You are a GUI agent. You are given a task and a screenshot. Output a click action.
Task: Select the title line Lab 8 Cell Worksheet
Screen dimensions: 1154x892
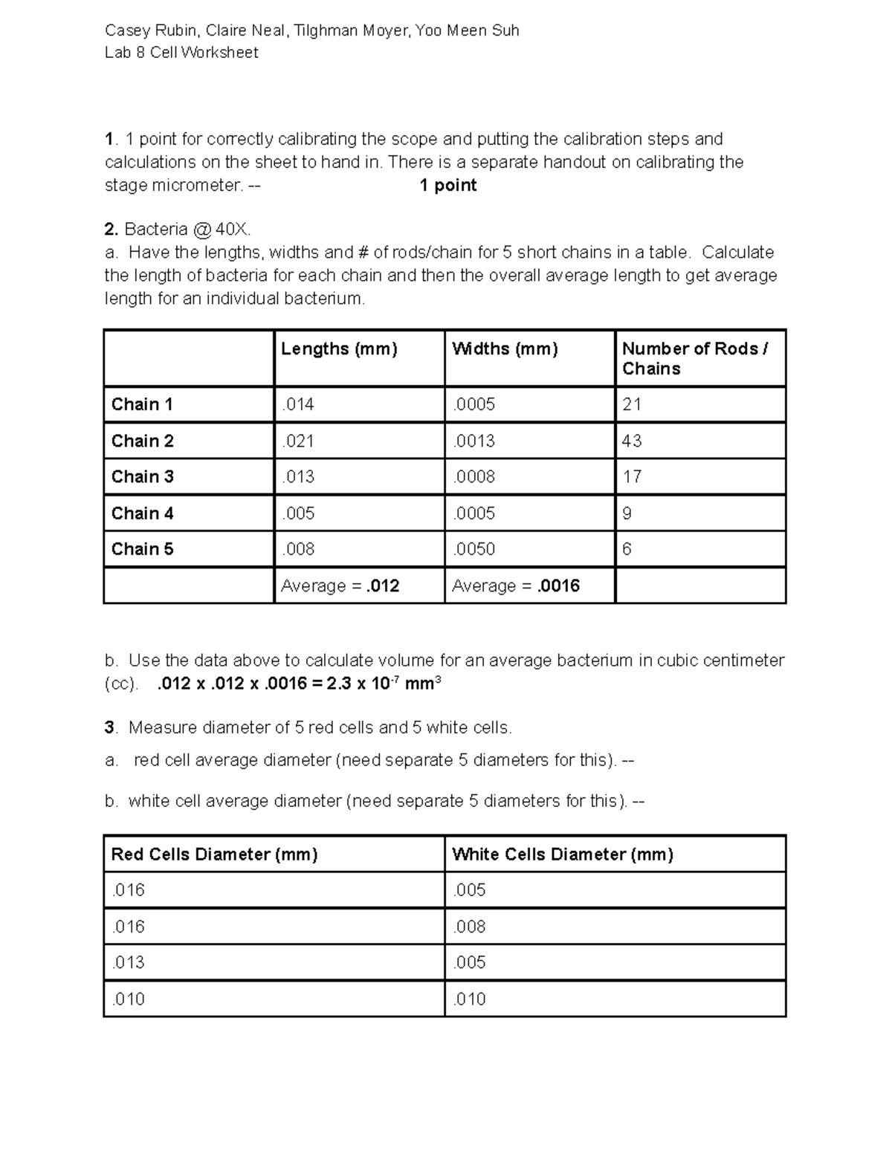(x=181, y=53)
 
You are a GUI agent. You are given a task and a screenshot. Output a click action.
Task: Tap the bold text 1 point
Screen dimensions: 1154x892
(x=447, y=185)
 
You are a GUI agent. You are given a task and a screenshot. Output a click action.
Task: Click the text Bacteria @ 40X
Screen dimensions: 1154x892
(x=193, y=230)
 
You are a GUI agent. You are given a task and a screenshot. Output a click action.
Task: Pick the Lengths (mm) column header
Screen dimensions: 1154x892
(x=339, y=349)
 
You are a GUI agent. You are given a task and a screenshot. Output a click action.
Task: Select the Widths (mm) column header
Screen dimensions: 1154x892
(x=505, y=349)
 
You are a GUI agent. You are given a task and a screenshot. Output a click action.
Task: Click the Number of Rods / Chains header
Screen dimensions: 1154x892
(x=694, y=358)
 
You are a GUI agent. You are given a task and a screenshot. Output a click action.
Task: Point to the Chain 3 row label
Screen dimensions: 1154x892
(x=142, y=476)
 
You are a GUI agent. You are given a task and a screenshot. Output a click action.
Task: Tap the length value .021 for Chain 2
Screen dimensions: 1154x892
(x=297, y=441)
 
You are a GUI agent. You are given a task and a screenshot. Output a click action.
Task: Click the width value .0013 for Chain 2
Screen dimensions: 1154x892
(x=474, y=441)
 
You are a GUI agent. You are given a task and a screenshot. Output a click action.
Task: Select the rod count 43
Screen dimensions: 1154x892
(x=632, y=441)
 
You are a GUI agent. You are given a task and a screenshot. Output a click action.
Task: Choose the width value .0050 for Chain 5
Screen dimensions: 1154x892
(x=474, y=549)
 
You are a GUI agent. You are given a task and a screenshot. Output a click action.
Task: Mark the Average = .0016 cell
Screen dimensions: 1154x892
(x=516, y=586)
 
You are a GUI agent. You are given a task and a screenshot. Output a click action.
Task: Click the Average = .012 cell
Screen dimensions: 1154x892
(x=340, y=586)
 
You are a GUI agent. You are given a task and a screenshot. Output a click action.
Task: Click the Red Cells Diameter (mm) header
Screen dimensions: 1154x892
(x=214, y=855)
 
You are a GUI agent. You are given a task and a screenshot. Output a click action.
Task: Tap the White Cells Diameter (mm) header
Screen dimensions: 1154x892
(x=562, y=855)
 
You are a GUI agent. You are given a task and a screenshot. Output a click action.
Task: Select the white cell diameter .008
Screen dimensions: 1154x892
(x=469, y=927)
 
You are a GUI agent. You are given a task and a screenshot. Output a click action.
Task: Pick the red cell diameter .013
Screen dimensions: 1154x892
(x=128, y=962)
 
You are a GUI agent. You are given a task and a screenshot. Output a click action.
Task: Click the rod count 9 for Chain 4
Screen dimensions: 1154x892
(x=627, y=513)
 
